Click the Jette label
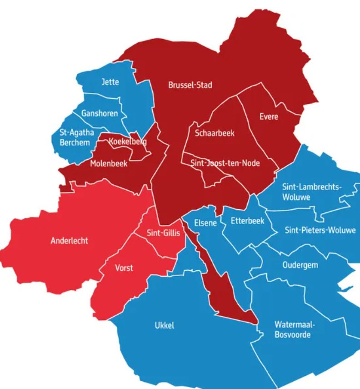(x=110, y=82)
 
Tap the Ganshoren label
(x=99, y=113)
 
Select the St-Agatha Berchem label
(x=77, y=137)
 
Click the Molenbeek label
(x=109, y=164)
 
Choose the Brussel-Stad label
(x=190, y=85)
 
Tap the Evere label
(x=269, y=116)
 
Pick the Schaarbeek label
(x=215, y=133)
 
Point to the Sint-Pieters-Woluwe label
(x=320, y=230)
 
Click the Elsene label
(x=205, y=223)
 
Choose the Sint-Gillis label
(x=163, y=233)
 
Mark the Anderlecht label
(x=70, y=241)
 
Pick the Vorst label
(x=124, y=268)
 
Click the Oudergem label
(x=300, y=265)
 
